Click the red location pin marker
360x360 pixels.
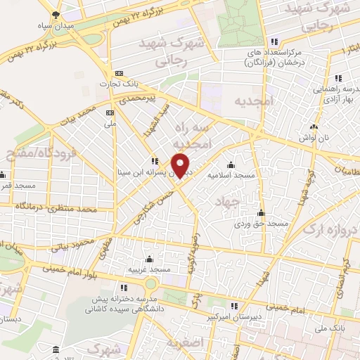pyautogui.click(x=181, y=167)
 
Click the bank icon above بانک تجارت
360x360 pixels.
pyautogui.click(x=119, y=72)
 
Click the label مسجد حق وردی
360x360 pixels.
pyautogui.click(x=262, y=223)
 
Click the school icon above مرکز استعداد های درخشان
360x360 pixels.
pyautogui.click(x=274, y=41)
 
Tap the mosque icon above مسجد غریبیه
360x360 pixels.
pyautogui.click(x=148, y=259)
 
